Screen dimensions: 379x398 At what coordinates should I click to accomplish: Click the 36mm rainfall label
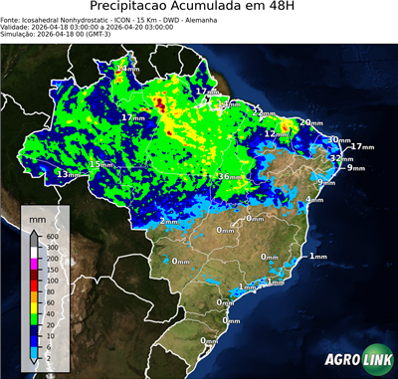click(x=229, y=177)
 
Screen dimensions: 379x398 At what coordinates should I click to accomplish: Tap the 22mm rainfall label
click(x=261, y=113)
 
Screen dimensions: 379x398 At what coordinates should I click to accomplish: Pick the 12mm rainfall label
click(x=274, y=133)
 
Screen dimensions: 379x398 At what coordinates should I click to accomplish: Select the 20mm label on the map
click(x=310, y=122)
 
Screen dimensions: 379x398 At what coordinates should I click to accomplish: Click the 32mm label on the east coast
click(x=341, y=158)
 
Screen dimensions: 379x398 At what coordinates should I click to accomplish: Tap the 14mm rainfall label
click(x=127, y=69)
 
